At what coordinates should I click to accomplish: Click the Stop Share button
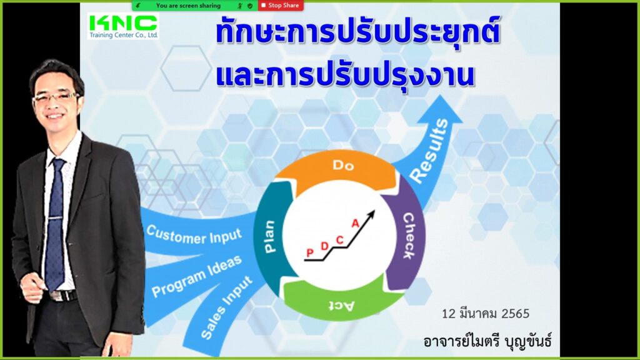point(281,5)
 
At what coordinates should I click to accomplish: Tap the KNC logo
point(123,26)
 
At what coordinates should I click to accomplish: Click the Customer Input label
point(194,235)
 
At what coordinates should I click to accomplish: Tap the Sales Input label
point(226,307)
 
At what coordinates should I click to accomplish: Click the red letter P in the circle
point(310,253)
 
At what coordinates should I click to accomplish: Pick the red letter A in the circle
point(355,223)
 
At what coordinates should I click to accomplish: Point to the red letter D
point(324,246)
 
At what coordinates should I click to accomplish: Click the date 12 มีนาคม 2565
point(485,314)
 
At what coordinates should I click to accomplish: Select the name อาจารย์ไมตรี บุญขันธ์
point(487,341)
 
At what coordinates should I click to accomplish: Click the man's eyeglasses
point(56,98)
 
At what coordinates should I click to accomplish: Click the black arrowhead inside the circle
point(371,214)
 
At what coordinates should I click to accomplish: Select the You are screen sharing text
point(188,5)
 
